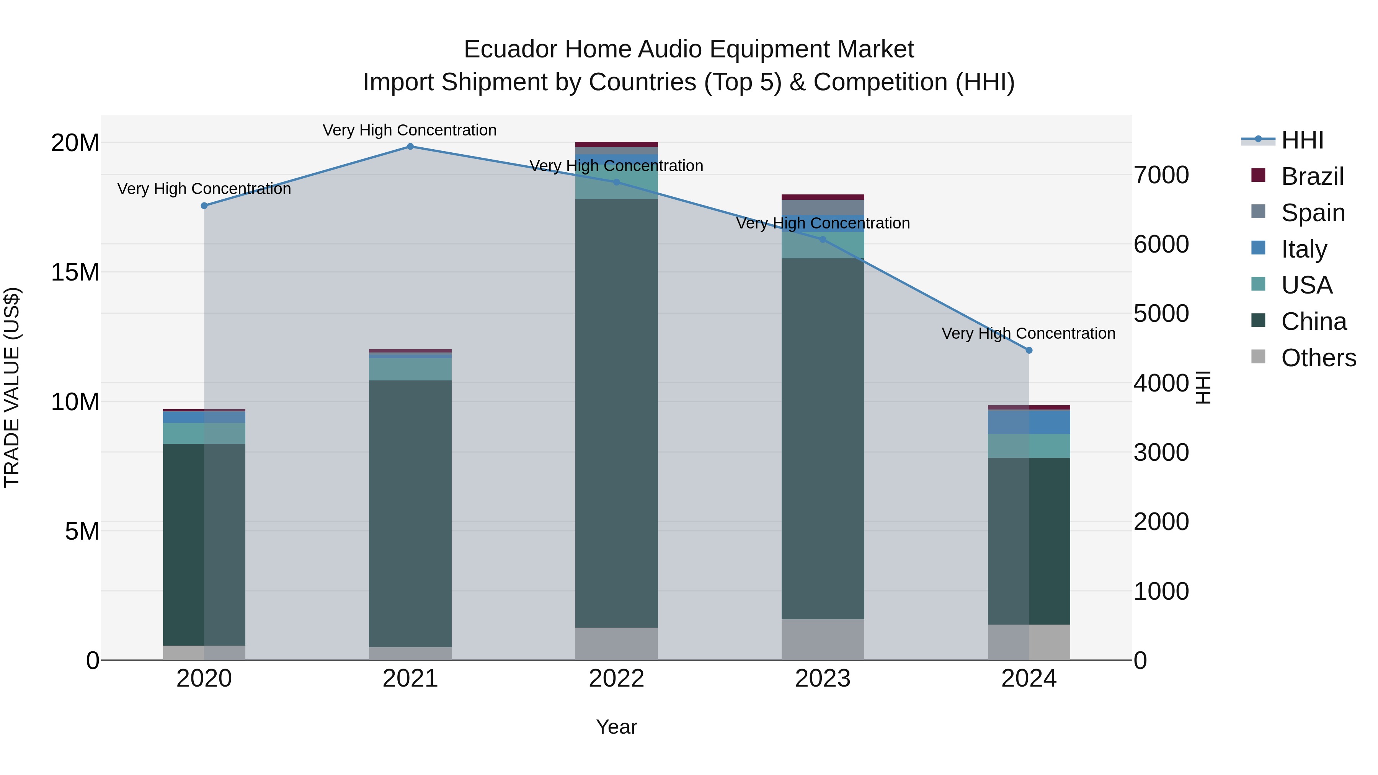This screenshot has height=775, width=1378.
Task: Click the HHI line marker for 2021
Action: point(410,147)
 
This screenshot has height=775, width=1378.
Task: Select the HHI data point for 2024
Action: point(1029,350)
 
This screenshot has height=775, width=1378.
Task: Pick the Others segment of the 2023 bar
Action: point(823,639)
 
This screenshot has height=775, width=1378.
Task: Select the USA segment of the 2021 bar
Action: point(410,369)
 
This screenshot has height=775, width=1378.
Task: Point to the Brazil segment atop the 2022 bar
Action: point(616,144)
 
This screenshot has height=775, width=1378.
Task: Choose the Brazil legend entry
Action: point(1312,176)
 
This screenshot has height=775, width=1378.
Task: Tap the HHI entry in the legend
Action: point(1302,140)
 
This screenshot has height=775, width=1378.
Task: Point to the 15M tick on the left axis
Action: point(75,272)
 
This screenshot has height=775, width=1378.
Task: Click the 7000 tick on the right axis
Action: point(1161,175)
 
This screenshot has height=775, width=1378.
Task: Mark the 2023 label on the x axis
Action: point(823,679)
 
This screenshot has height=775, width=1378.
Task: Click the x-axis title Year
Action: point(616,727)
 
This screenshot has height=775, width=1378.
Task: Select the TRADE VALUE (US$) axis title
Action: point(12,387)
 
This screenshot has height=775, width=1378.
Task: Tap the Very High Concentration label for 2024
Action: point(1028,333)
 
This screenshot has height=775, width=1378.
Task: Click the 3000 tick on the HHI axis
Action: point(1161,452)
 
